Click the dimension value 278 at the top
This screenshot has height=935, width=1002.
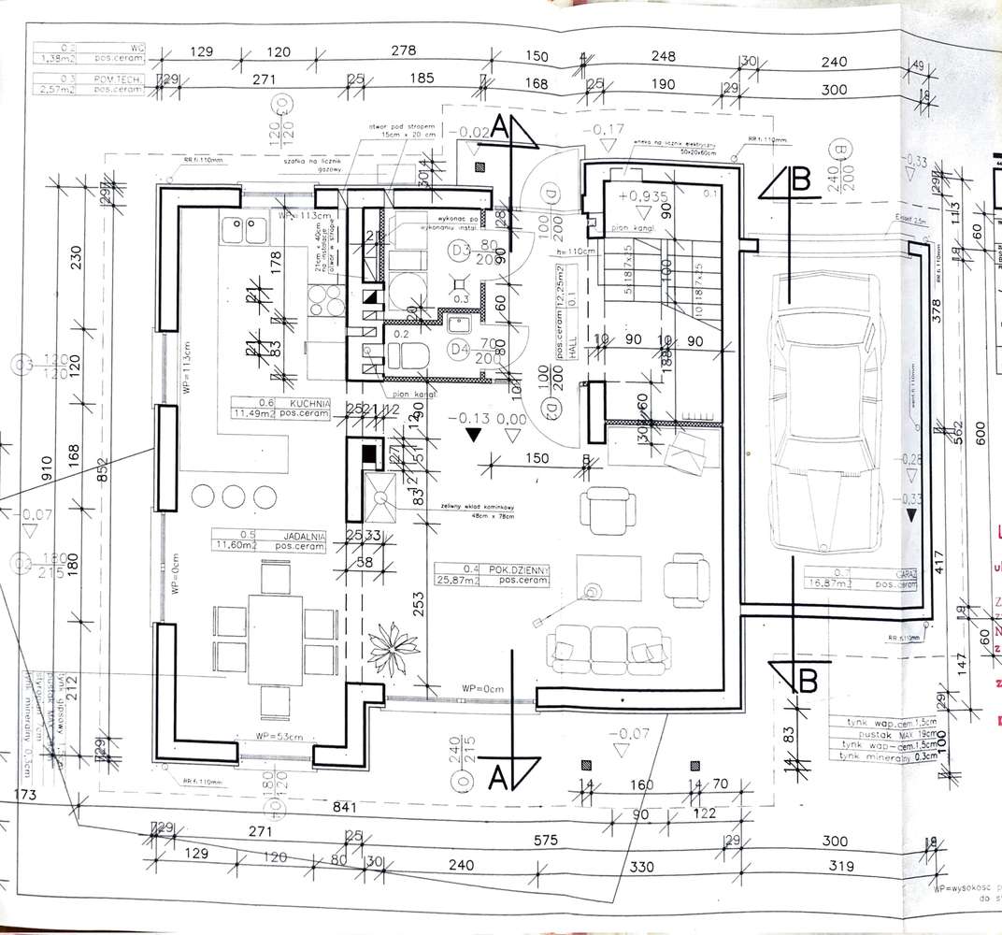coord(404,50)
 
